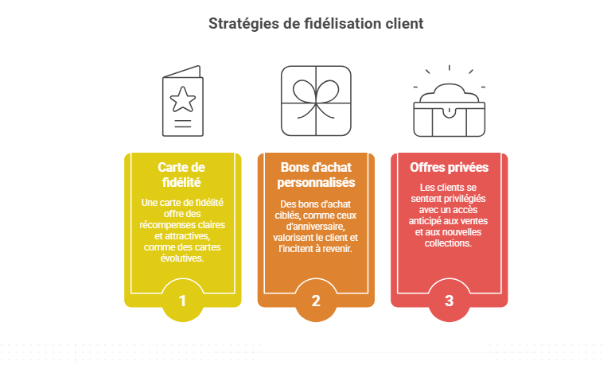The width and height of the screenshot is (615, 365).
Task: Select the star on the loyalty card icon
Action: [183, 99]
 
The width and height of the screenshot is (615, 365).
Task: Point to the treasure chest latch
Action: [449, 112]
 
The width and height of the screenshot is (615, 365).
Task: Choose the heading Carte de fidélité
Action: [181, 175]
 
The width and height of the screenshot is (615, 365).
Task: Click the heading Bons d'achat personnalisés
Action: [316, 175]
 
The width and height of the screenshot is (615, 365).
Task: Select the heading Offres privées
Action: [449, 168]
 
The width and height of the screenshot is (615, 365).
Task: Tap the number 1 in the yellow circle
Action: [182, 301]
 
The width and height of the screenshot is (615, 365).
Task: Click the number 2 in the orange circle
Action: [316, 301]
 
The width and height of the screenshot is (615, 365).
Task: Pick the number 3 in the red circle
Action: [449, 301]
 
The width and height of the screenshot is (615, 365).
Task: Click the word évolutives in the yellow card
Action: [182, 258]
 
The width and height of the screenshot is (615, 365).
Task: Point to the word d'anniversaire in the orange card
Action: [315, 227]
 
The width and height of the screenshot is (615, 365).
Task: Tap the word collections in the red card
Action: [447, 243]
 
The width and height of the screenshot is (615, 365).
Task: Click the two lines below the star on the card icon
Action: [183, 123]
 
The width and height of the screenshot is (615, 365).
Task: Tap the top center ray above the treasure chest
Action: [449, 68]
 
